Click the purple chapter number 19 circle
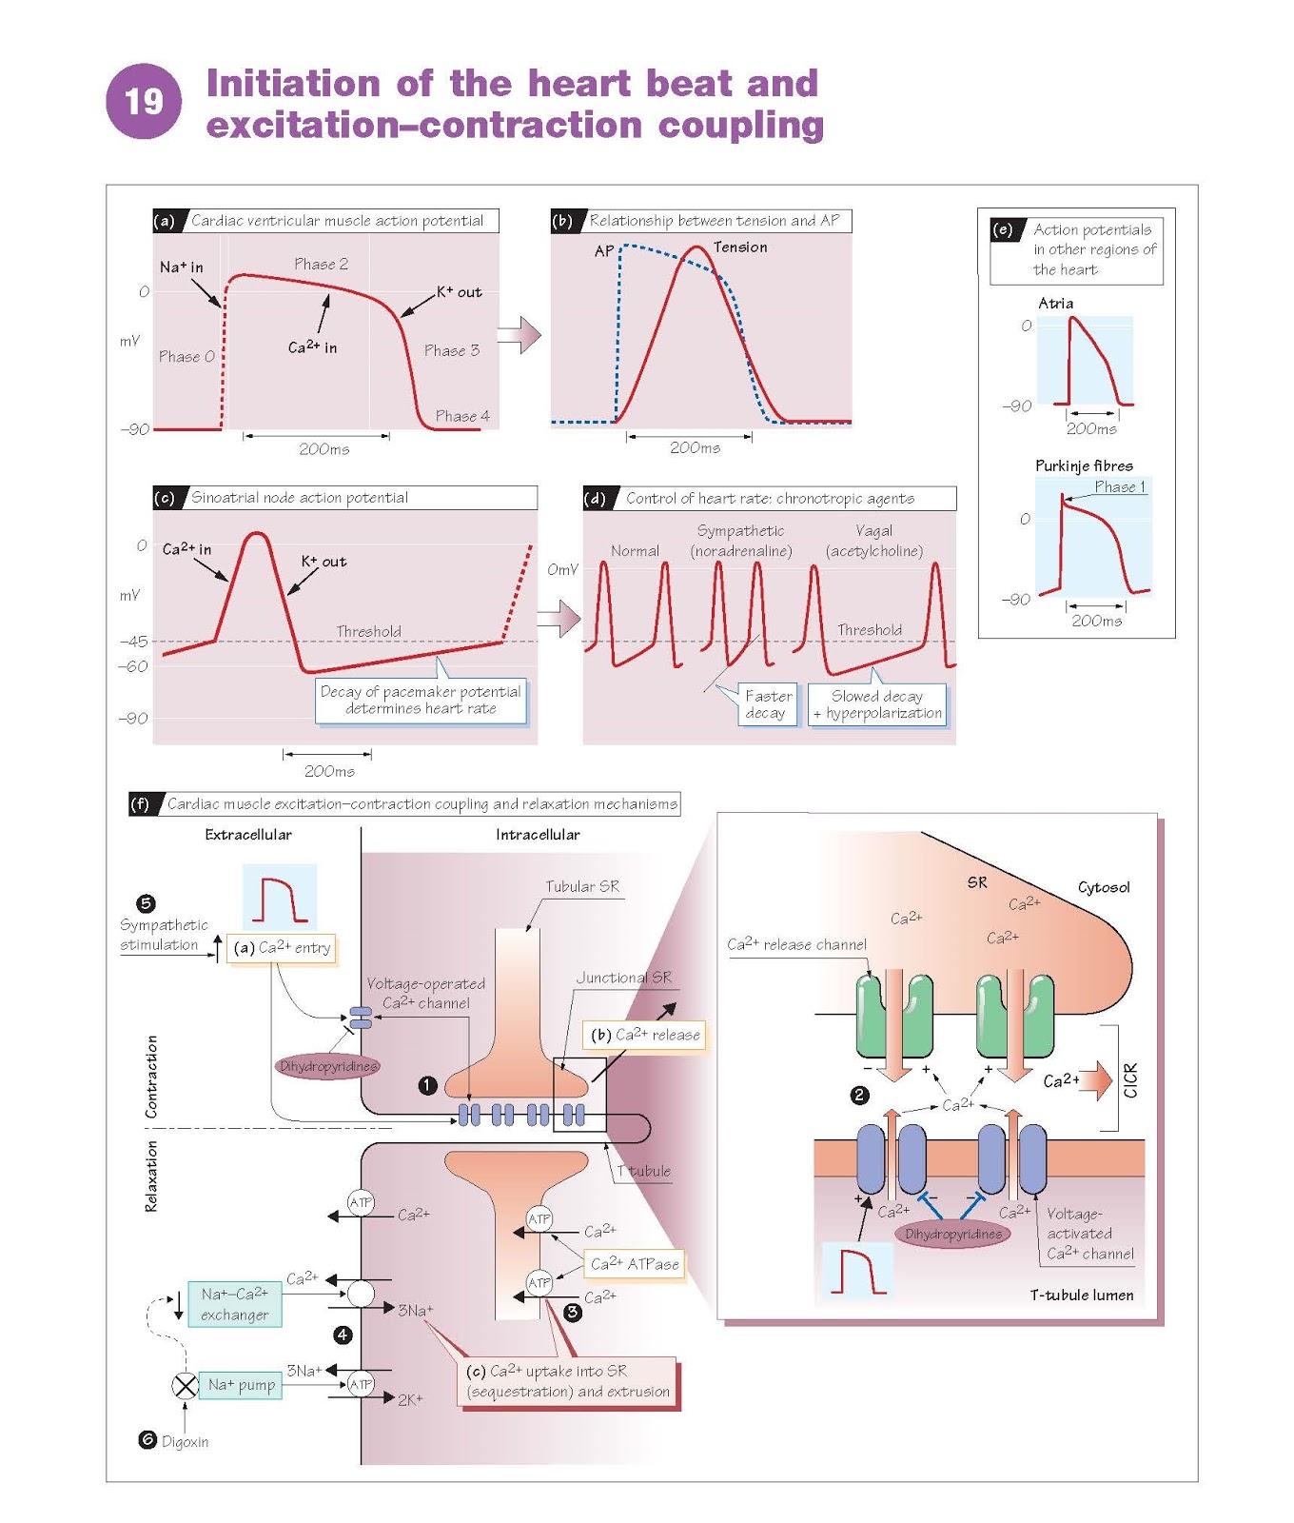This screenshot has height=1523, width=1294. (x=144, y=101)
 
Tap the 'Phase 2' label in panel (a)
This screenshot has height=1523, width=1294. (x=321, y=264)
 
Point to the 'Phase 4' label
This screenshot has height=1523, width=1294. (x=462, y=416)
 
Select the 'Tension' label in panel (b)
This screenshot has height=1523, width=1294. (x=740, y=247)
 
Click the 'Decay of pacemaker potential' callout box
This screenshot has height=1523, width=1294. (x=421, y=701)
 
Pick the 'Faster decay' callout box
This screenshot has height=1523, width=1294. (x=768, y=704)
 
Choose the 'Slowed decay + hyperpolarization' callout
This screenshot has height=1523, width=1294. (x=877, y=704)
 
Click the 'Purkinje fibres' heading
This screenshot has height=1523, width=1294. (x=1084, y=465)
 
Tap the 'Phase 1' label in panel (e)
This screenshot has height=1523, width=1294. (x=1119, y=486)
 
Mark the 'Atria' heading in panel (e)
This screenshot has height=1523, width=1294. (x=1055, y=303)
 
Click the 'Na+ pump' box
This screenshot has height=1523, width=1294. (x=241, y=1385)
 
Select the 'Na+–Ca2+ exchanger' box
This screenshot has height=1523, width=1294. (x=234, y=1304)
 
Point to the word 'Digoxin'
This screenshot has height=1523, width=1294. (x=185, y=1441)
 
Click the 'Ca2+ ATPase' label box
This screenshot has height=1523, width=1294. (x=635, y=1264)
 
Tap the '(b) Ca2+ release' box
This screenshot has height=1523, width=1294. (x=645, y=1035)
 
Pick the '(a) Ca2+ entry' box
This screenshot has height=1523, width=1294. (x=282, y=947)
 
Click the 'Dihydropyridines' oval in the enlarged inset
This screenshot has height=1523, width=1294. (x=953, y=1234)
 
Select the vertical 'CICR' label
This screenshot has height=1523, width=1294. (x=1130, y=1079)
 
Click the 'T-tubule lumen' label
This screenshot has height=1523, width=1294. (x=1081, y=1295)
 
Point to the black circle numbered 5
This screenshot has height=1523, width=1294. (x=146, y=903)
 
